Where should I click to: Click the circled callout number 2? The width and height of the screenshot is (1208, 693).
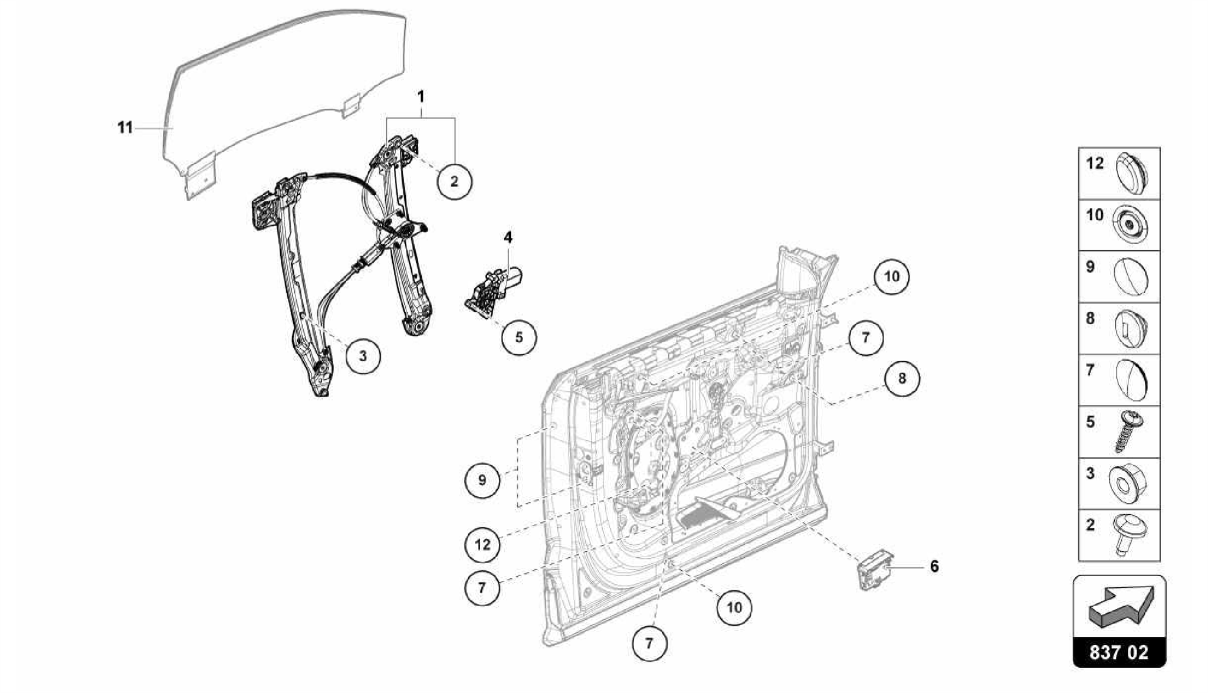pos(454,181)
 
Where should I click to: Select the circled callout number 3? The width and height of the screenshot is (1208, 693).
pos(363,356)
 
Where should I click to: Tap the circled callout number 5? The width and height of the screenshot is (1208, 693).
pos(519,337)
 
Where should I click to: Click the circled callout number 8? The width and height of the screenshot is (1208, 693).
pos(901,378)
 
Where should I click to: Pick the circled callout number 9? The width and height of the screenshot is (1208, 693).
pos(482,480)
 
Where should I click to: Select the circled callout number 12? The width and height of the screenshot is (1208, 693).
pos(482,544)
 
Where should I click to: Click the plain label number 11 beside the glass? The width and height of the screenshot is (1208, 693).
pos(125,128)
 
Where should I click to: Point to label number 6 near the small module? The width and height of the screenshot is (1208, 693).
pos(934,567)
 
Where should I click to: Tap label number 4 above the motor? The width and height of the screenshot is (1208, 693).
pos(508,238)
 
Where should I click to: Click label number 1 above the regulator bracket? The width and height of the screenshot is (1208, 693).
pos(421,96)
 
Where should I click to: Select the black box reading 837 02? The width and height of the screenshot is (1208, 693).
pos(1119,652)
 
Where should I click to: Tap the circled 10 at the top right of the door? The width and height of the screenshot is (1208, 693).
pos(891,276)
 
